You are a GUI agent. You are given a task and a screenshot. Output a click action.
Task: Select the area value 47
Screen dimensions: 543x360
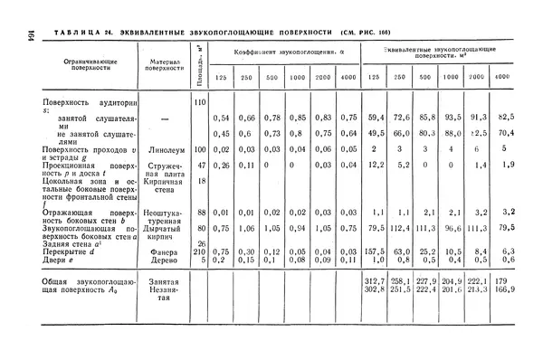203,165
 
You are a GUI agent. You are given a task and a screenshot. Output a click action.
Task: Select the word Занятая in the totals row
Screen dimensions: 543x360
164,282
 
